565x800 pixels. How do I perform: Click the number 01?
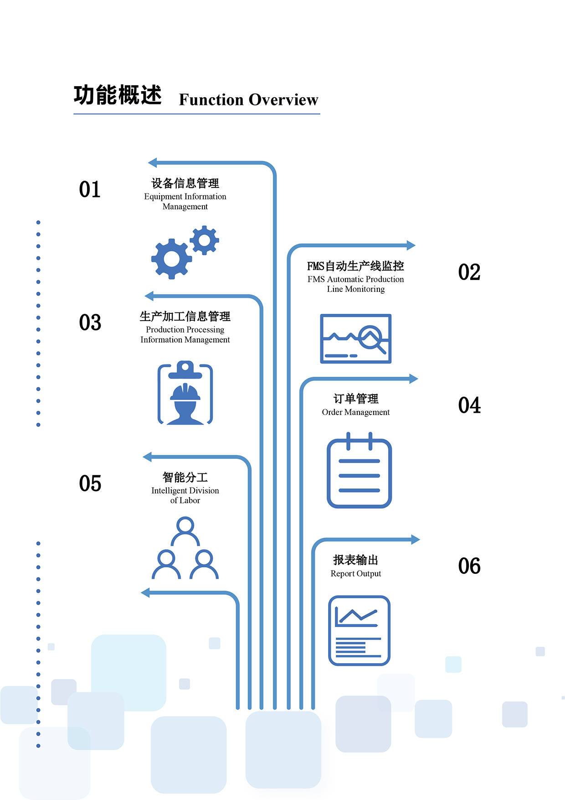[x=89, y=189]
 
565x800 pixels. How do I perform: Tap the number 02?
[x=469, y=272]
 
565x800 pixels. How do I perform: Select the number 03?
[x=90, y=322]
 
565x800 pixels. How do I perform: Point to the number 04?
[x=469, y=405]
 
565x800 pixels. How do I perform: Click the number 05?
[x=90, y=483]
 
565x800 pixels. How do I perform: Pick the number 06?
[x=469, y=566]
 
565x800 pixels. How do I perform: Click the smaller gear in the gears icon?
[x=204, y=240]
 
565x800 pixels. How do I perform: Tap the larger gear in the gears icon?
[x=171, y=259]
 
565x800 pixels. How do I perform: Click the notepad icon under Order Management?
[x=359, y=471]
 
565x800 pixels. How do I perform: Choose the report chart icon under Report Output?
[x=359, y=630]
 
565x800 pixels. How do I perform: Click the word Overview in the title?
[x=283, y=99]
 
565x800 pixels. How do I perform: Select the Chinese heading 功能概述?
[x=118, y=95]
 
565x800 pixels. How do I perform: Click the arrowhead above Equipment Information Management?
[x=153, y=162]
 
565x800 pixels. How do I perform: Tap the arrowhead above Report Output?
[x=415, y=540]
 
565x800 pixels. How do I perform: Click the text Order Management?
[x=355, y=412]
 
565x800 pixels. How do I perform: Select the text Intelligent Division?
[x=185, y=491]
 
